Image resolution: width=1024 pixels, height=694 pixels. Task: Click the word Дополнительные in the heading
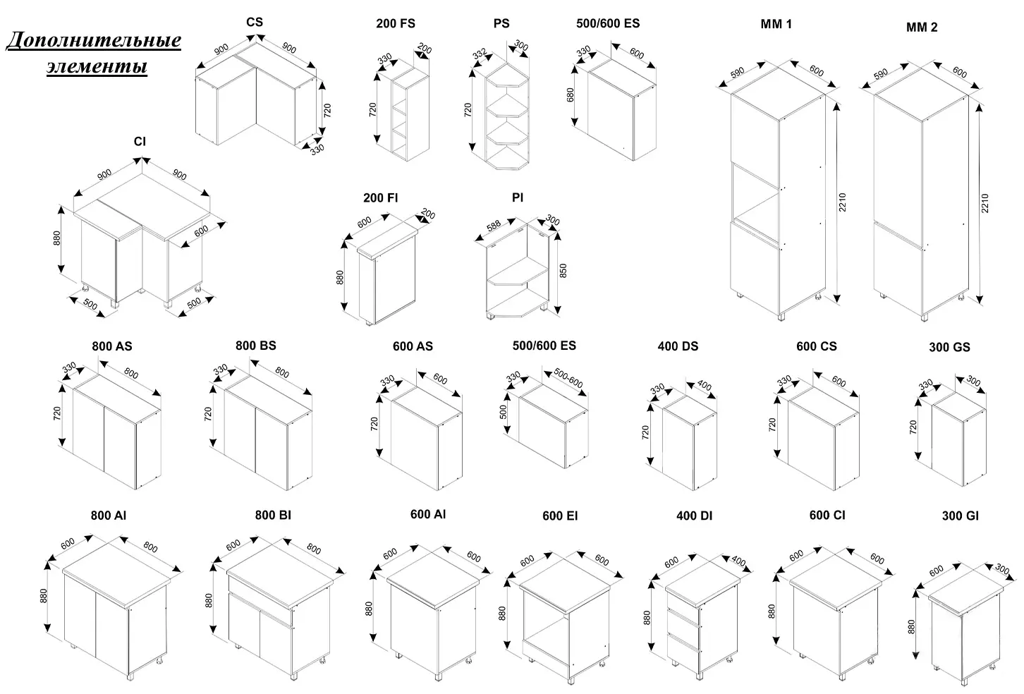coord(94,40)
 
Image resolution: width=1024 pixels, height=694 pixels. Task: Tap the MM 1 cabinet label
coord(776,24)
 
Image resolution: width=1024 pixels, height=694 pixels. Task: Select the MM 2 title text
coord(922,28)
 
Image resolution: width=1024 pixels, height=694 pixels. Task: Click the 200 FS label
coord(395,23)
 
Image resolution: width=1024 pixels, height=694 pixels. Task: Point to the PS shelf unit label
coord(501,23)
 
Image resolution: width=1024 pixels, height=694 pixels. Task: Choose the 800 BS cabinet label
coord(255,346)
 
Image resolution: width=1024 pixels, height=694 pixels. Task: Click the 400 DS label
coord(678,346)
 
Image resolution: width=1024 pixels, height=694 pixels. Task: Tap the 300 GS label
coord(949,347)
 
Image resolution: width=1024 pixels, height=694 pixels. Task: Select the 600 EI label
coord(560,516)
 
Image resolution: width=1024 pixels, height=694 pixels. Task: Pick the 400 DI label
coord(694,516)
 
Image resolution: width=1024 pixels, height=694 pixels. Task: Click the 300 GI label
coord(960,516)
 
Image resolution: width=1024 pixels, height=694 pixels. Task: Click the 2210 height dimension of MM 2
coord(985,204)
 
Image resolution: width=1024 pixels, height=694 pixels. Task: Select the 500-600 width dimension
coord(567,379)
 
